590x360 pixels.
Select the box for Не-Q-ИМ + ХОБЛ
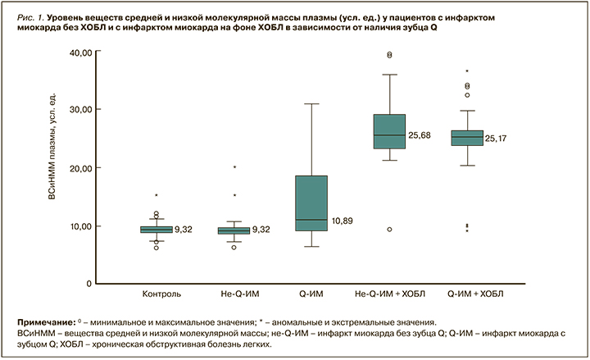pyautogui.click(x=389, y=131)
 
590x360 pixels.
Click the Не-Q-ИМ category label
pyautogui.click(x=234, y=293)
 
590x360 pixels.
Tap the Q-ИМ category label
pyautogui.click(x=311, y=293)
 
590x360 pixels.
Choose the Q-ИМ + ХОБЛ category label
pyautogui.click(x=468, y=293)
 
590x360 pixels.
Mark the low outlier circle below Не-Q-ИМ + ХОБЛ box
pyautogui.click(x=389, y=230)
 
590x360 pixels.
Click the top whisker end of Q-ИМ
pyautogui.click(x=311, y=104)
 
